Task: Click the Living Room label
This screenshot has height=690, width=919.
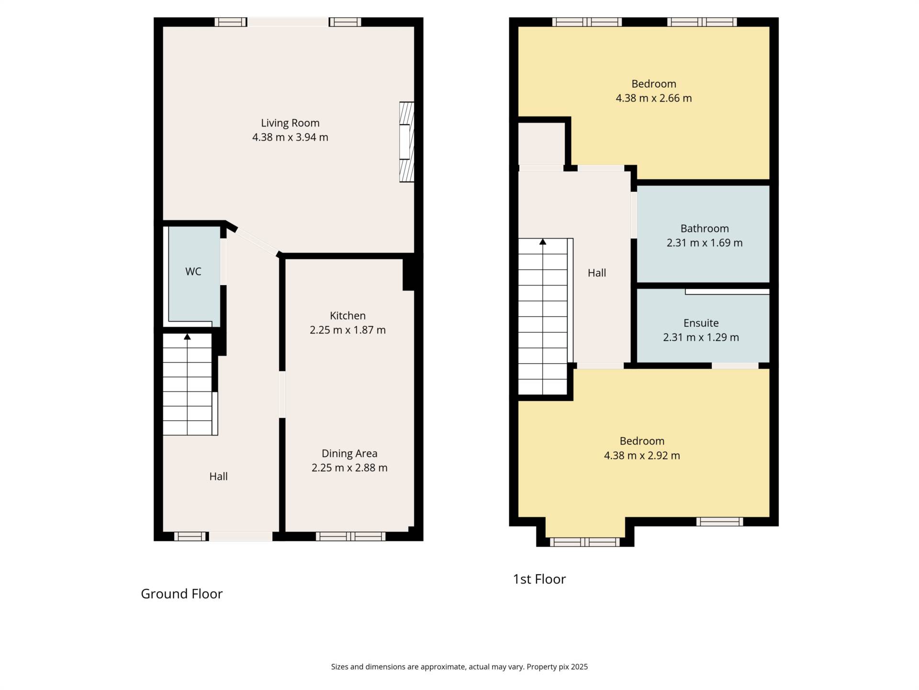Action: point(290,123)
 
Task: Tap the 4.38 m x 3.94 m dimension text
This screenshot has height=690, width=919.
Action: point(290,138)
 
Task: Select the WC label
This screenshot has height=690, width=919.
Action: point(193,272)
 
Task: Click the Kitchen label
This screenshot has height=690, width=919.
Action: point(347,316)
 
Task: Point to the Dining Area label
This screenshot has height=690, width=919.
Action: point(349,454)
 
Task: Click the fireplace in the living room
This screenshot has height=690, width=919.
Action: point(407,142)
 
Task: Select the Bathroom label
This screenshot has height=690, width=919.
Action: point(705,229)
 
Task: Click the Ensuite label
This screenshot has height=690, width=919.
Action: point(701,323)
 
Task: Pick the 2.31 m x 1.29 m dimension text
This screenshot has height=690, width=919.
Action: point(701,337)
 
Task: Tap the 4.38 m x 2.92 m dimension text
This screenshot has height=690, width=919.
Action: point(642,456)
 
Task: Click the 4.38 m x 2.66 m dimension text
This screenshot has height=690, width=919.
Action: point(654,98)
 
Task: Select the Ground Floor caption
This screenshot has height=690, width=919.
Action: point(182,594)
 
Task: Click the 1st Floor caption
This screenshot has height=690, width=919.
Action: point(539,579)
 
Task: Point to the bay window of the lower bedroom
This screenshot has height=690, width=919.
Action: point(585,542)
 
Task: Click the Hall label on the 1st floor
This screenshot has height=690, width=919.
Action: point(597,273)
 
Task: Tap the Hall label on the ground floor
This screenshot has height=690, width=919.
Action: point(218,477)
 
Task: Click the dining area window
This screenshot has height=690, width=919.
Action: point(350,536)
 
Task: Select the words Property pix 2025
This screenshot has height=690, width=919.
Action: point(557,667)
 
